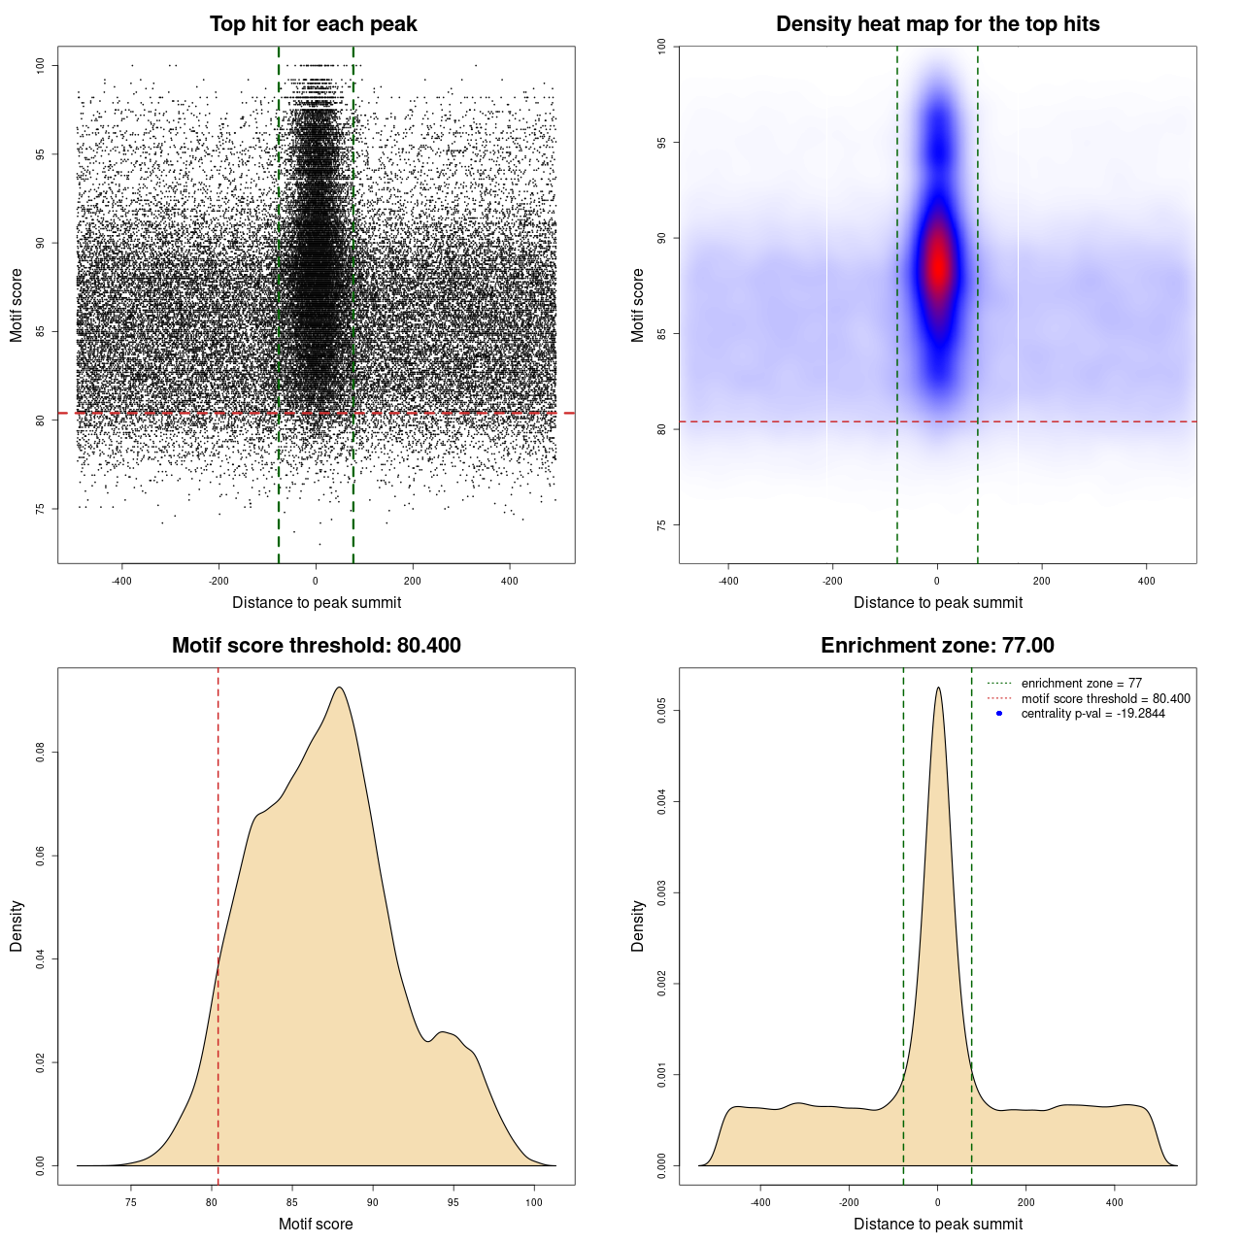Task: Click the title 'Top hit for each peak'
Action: (313, 24)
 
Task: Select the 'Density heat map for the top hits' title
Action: (937, 24)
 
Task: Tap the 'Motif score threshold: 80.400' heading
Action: (316, 646)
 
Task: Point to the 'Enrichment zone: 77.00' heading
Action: (937, 646)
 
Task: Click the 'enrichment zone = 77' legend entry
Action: (1081, 684)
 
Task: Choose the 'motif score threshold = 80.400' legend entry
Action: (1105, 698)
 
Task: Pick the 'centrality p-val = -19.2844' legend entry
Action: (1092, 714)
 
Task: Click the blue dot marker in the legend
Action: (999, 714)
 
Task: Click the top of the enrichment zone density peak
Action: (938, 688)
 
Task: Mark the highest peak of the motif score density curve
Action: (339, 688)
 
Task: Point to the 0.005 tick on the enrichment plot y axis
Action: (661, 711)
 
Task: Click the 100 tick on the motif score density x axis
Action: (533, 1202)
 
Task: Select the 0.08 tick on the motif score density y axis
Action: (40, 753)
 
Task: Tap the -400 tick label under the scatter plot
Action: (121, 581)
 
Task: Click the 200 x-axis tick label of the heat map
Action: (1042, 581)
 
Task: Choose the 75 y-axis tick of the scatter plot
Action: (40, 508)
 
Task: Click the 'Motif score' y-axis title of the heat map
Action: (637, 305)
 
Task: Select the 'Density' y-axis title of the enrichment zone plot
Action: (637, 925)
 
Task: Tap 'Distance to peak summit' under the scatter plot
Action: (317, 603)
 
